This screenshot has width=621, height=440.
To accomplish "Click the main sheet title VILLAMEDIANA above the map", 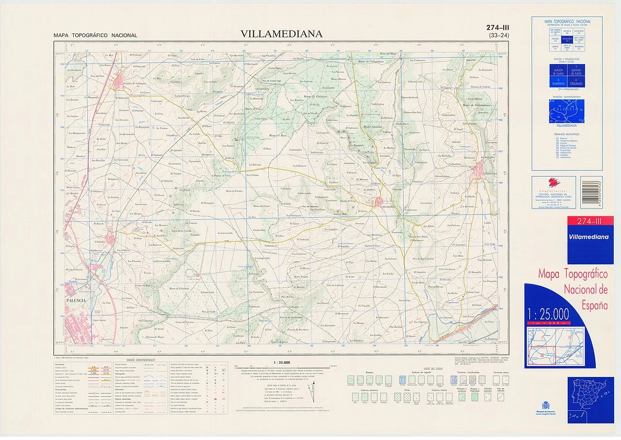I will click(x=281, y=33).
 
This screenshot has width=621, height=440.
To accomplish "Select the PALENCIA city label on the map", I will click(x=76, y=300).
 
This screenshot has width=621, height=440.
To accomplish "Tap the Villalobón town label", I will click(x=101, y=241).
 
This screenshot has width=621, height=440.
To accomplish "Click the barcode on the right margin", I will click(x=591, y=185).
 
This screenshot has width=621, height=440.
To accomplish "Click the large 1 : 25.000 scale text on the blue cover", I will click(x=549, y=312).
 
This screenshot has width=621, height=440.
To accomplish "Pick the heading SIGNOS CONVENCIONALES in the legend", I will click(x=141, y=360).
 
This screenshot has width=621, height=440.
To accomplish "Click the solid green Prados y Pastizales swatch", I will click(x=475, y=396).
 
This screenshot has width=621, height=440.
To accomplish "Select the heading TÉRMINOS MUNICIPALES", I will click(x=567, y=134).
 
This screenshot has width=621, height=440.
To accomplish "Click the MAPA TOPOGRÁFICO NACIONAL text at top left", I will click(x=96, y=35).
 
